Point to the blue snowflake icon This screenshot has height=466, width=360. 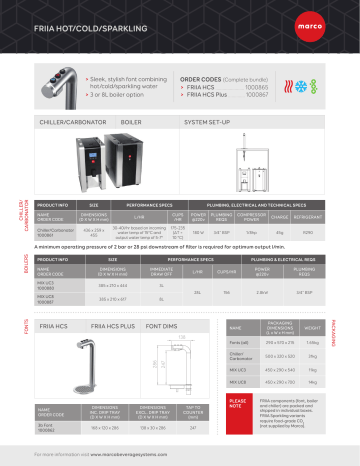(x=323, y=72)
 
